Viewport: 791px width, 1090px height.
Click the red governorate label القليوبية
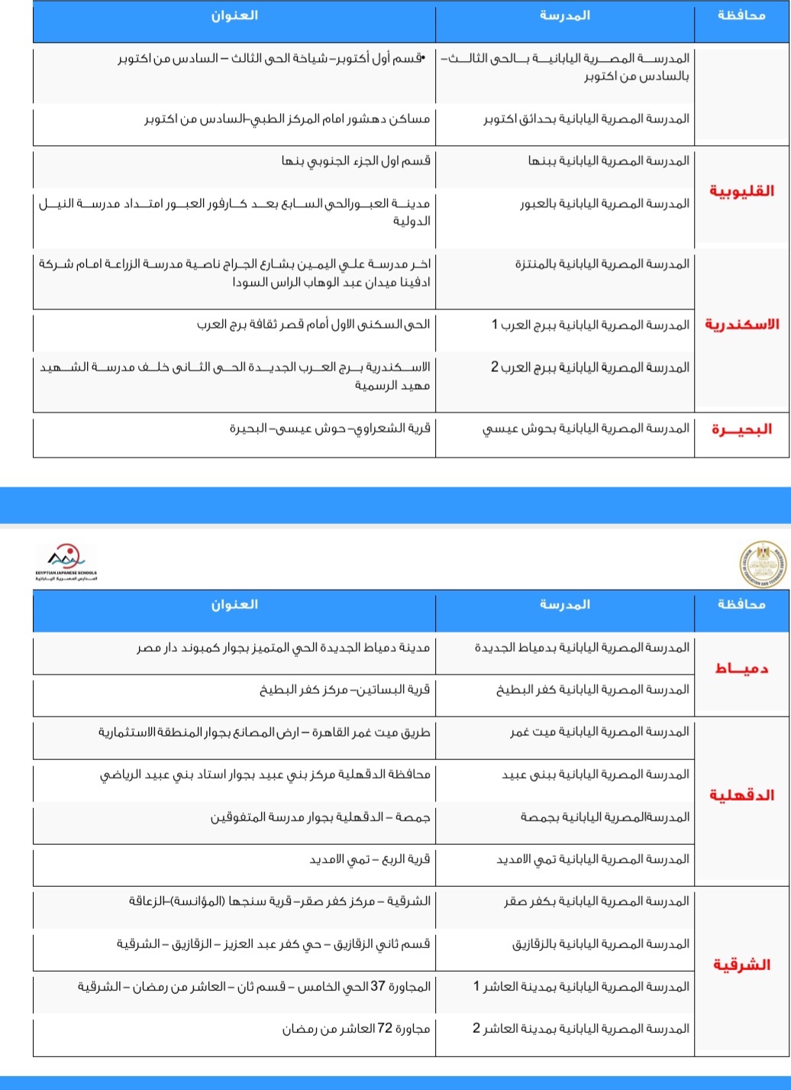(x=741, y=191)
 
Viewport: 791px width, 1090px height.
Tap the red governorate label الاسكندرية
(x=741, y=325)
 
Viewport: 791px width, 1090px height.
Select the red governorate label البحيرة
(x=741, y=429)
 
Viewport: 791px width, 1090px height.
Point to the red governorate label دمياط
(x=741, y=669)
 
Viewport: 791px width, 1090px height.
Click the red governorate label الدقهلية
(x=741, y=795)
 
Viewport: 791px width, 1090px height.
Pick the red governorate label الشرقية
(x=741, y=965)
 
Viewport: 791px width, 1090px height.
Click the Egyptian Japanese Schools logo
(x=66, y=562)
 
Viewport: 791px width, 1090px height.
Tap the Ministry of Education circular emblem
(x=763, y=564)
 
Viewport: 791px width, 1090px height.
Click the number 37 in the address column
(x=378, y=986)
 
